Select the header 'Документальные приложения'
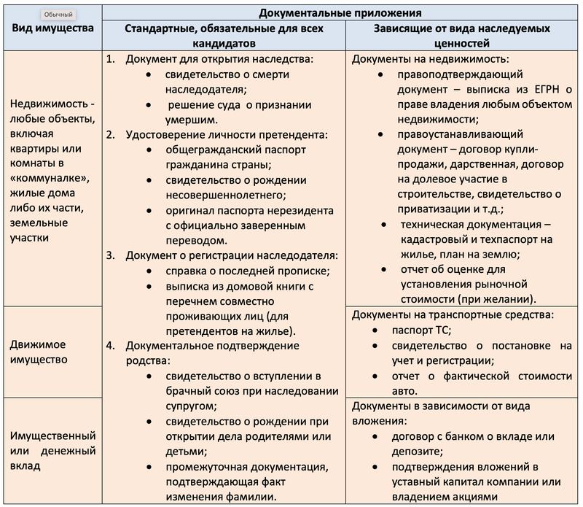[x=341, y=12]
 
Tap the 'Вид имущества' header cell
[x=52, y=28]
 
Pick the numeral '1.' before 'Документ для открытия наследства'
[x=111, y=59]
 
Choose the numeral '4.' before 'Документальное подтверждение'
[x=111, y=345]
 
